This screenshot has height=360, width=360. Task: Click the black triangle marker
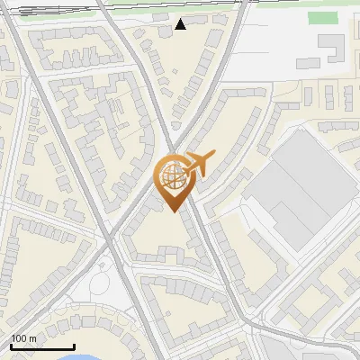point(180,24)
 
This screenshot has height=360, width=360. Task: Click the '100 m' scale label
point(23,338)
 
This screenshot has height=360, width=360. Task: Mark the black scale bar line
point(41,347)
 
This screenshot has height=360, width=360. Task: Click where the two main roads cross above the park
point(110,241)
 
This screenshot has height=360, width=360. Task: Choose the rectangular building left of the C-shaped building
point(309,63)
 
